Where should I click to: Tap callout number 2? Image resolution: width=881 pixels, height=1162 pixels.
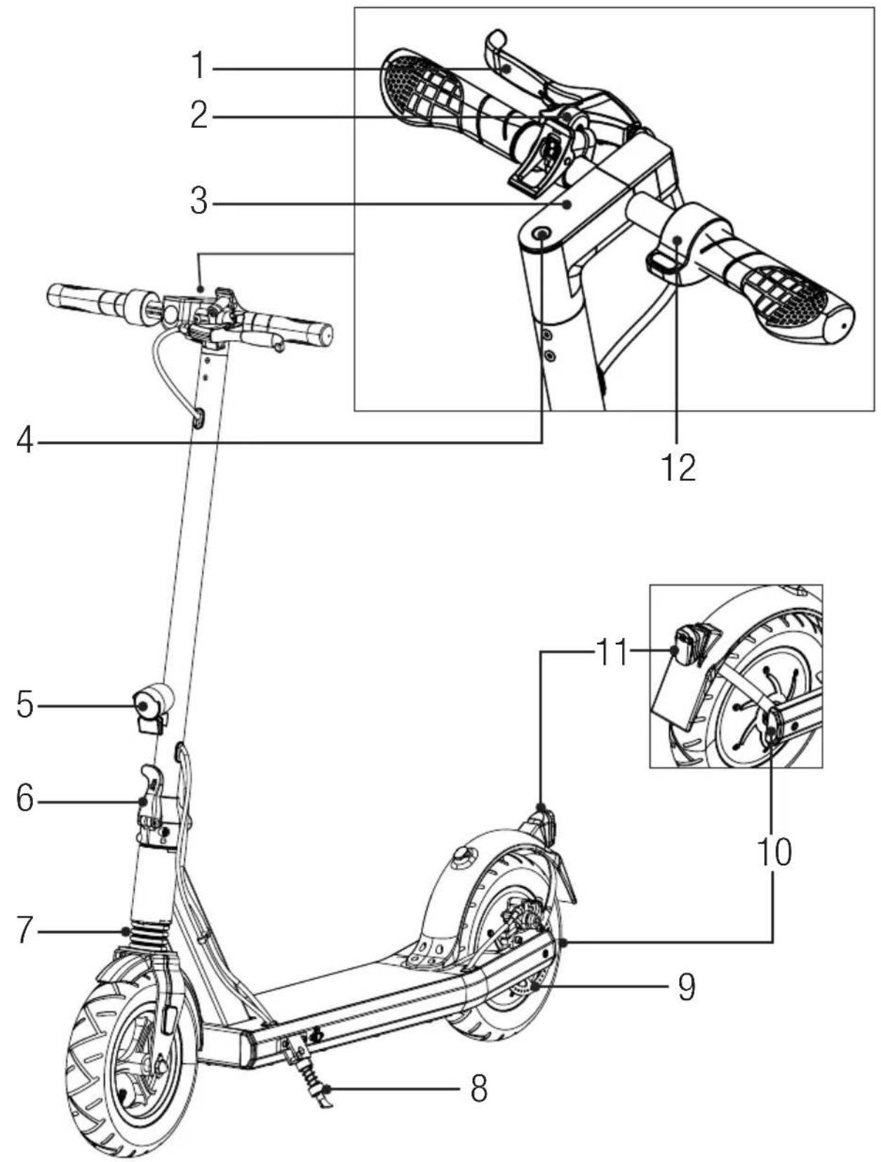(x=199, y=116)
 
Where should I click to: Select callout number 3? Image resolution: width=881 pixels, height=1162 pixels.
(x=199, y=203)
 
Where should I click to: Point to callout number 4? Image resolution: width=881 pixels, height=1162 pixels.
(x=25, y=441)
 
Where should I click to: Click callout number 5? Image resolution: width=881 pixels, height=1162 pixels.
(x=25, y=705)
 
